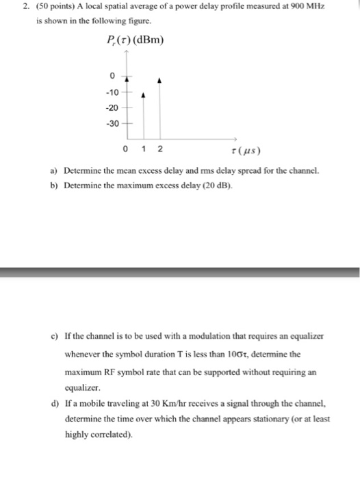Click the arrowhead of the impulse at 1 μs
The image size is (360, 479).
tap(142, 96)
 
